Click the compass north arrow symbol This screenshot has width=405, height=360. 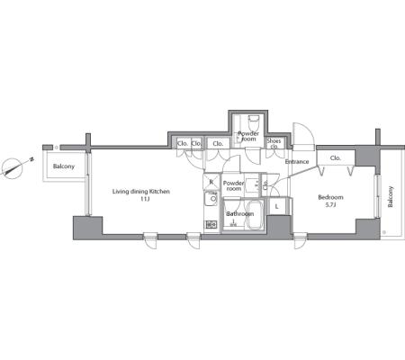tap(13, 168)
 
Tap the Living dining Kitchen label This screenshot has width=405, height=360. tap(141, 192)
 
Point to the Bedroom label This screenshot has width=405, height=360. tap(330, 197)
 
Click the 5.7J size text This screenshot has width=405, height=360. tap(330, 205)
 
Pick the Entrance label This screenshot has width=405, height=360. tap(297, 162)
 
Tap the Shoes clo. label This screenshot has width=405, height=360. tap(274, 143)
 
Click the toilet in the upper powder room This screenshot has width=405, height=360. tap(254, 123)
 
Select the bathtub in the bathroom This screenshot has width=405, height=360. tap(255, 215)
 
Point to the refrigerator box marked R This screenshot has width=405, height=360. tap(211, 182)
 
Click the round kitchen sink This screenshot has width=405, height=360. tap(213, 199)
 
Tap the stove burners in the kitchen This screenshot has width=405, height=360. tap(211, 224)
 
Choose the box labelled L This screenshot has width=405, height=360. tap(276, 206)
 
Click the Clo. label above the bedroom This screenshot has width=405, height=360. tap(336, 157)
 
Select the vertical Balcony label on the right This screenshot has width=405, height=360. tap(391, 197)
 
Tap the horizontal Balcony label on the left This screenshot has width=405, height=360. tap(64, 166)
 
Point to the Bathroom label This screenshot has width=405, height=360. tap(240, 214)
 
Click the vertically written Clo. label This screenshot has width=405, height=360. tap(265, 185)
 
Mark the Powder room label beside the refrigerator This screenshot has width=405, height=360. tap(234, 185)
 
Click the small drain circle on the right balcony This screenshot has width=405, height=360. tap(383, 232)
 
